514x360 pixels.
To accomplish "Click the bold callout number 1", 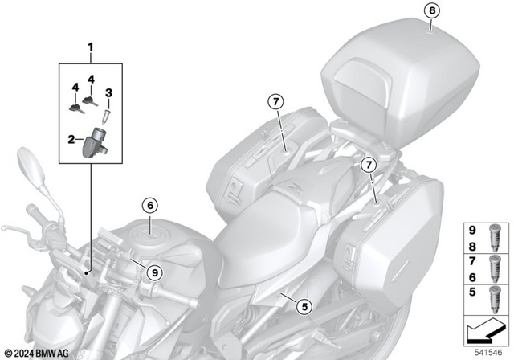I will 91,47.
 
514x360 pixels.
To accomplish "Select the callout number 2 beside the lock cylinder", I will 71,140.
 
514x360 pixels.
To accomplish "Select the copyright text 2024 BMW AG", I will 38,352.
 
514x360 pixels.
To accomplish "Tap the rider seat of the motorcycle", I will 257,233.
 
